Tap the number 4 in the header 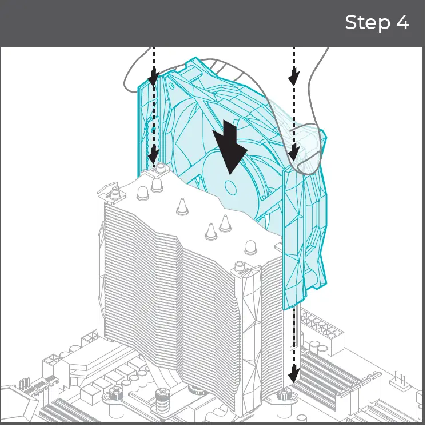point(402,23)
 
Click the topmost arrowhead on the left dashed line point(153,76)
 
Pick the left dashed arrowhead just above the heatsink point(153,155)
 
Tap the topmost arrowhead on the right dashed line point(293,76)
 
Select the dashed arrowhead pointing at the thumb point(293,152)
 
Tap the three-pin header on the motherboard point(398,380)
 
